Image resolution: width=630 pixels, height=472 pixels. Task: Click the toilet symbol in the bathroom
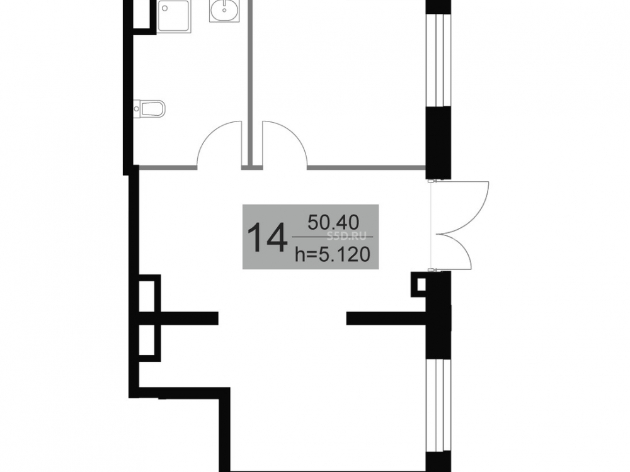coord(149,108)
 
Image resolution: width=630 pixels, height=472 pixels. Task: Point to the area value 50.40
coord(333,222)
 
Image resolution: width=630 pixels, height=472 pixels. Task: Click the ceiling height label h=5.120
coord(332,254)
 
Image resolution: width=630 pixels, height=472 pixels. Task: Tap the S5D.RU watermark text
coord(347,235)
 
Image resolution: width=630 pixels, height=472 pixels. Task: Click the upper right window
coord(438,60)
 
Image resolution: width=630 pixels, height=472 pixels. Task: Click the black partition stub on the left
coord(189,318)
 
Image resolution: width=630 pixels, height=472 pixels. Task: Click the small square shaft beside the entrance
coord(420,284)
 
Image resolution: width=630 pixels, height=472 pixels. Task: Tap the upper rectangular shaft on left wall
coord(149,293)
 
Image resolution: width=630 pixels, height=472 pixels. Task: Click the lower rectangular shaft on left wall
coord(149,342)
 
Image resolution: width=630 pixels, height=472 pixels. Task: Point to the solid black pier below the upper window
coord(438,142)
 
